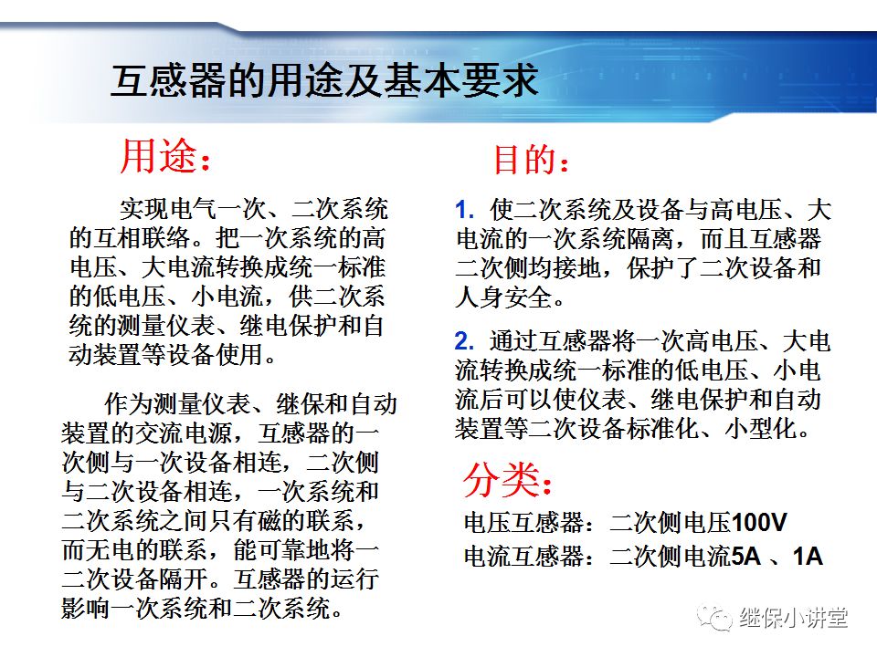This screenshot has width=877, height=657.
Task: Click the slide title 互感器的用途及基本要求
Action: click(324, 82)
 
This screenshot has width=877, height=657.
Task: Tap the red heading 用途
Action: click(159, 158)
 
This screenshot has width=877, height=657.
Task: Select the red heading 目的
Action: click(524, 161)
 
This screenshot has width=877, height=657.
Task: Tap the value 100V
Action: click(759, 524)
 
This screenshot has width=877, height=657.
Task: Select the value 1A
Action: click(808, 556)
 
